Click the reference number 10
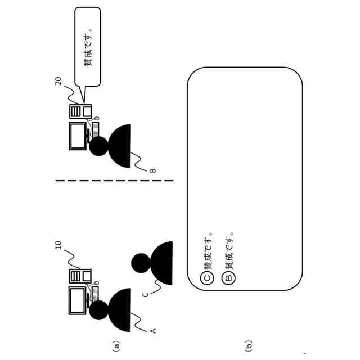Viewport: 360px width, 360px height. [x=58, y=245]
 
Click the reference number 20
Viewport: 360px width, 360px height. [x=58, y=81]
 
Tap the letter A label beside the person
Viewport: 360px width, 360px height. [x=153, y=331]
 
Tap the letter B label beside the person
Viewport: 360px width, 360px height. [x=153, y=170]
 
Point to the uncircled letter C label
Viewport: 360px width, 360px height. [x=146, y=294]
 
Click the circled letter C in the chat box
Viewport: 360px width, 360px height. [x=208, y=278]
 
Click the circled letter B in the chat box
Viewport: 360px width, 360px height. [x=228, y=278]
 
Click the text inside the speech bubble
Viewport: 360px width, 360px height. [x=88, y=47]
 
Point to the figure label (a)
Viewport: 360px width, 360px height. [x=116, y=346]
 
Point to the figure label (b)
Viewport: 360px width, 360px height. [x=249, y=346]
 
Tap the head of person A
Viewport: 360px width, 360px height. [x=98, y=310]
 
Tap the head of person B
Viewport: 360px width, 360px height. [x=98, y=146]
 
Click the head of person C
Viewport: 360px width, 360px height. [x=141, y=263]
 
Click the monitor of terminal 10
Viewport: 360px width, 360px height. [x=78, y=300]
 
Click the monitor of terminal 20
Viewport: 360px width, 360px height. [x=78, y=136]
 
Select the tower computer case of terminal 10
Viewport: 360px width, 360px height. [x=80, y=276]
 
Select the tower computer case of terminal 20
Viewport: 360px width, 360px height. [x=80, y=111]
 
